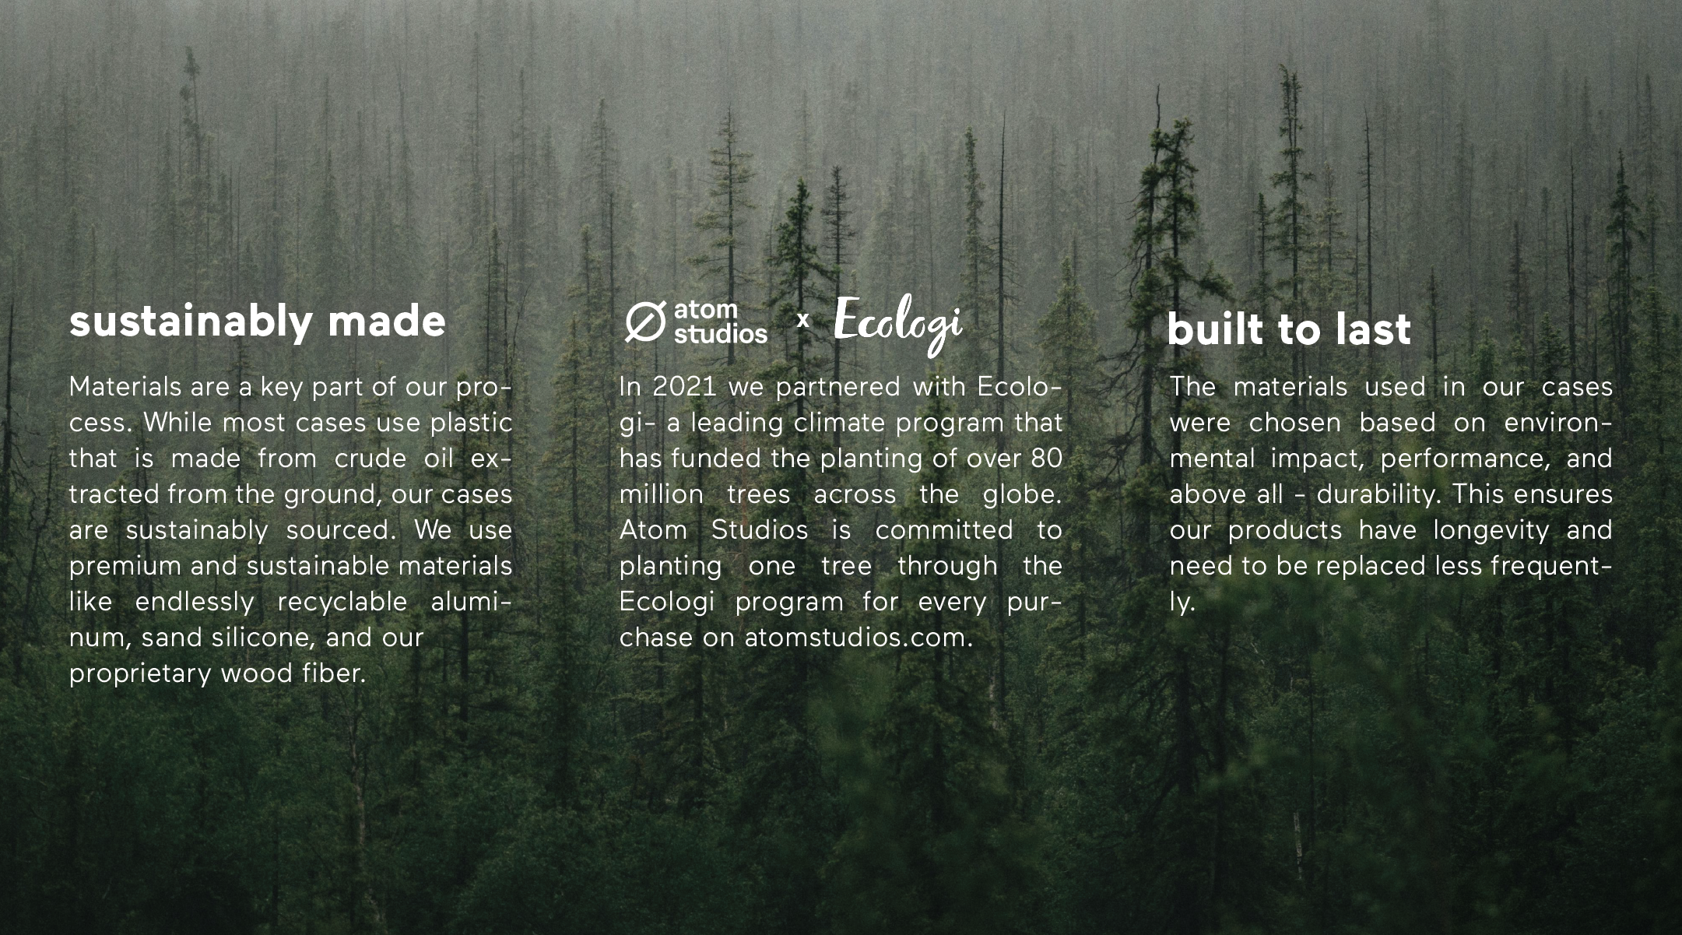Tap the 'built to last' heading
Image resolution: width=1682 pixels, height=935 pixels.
pos(1289,329)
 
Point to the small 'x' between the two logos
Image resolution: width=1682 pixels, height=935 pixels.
pos(803,319)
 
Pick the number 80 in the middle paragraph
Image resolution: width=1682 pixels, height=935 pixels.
pos(1045,459)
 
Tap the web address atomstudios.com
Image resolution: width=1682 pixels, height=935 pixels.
pos(859,638)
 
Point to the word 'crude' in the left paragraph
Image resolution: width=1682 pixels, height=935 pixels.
pos(370,459)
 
